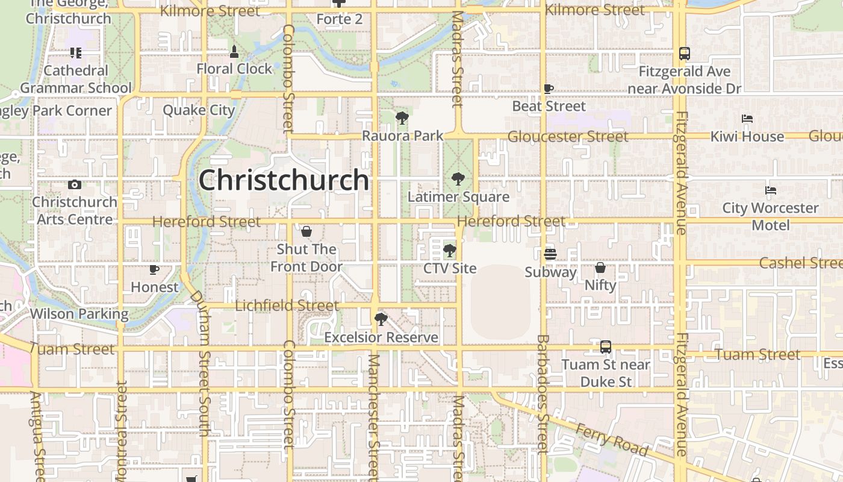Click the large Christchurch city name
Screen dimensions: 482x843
284,180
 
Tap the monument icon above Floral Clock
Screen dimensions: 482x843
234,51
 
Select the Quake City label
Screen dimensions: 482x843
199,110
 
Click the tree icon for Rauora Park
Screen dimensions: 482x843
402,118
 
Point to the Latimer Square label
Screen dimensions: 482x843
458,197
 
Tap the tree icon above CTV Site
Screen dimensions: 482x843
449,250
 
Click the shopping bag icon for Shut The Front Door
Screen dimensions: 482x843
306,231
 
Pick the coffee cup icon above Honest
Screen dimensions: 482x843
154,269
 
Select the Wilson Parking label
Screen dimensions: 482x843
79,314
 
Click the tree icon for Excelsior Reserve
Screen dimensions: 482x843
381,319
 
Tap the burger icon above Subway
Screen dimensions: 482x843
550,254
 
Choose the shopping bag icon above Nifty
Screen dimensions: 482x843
600,268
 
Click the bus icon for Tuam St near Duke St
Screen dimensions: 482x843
606,347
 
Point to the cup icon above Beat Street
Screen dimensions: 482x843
549,89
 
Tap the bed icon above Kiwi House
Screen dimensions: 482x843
747,119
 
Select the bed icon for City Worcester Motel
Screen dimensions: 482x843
771,190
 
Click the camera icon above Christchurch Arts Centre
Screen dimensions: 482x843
75,184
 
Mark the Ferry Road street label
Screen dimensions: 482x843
612,439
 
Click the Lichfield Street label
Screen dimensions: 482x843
287,305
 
